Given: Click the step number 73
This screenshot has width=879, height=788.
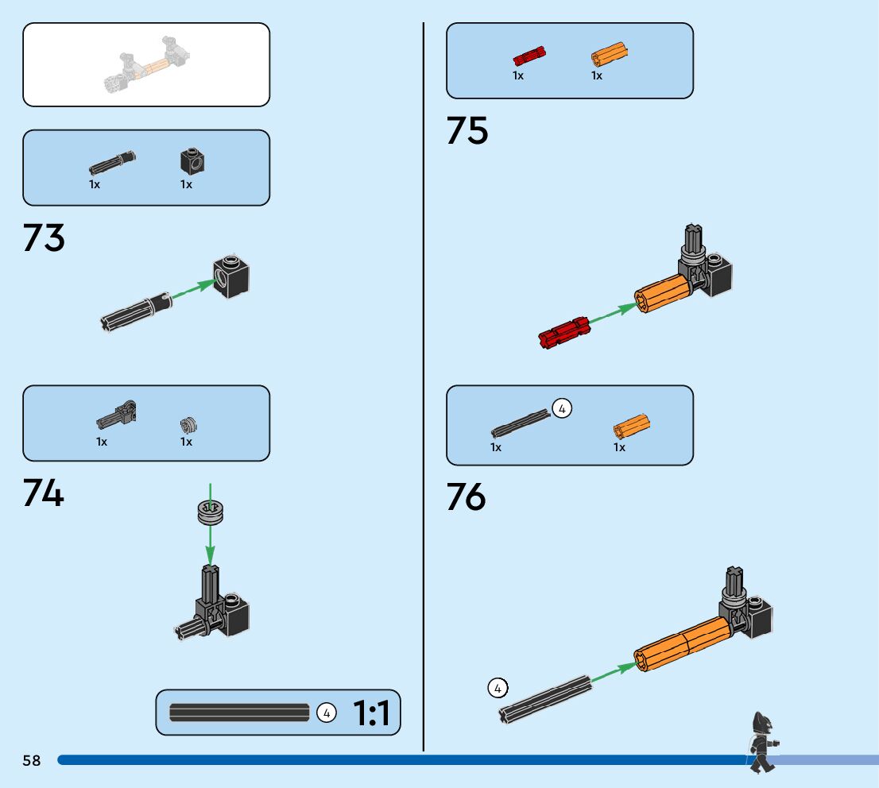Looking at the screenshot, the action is pos(45,238).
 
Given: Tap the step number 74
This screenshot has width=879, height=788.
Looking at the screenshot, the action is pos(44,494).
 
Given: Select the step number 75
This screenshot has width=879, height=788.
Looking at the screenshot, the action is pos(467,131).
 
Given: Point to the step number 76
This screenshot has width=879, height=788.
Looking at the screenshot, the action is pos(467,497).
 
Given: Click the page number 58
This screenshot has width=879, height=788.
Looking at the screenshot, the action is pos(32,761).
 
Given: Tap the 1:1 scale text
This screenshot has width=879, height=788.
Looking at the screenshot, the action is pos(371,713).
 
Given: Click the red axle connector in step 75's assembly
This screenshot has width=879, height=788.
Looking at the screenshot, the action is pos(563,333).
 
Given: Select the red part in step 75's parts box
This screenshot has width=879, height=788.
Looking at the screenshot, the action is pos(528,56).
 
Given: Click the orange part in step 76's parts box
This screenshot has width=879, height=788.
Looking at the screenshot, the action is pos(631,427).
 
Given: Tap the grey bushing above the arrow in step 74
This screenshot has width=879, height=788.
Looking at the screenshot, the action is pos(210,511).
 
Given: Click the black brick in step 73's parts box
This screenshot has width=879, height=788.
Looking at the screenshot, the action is pos(192,162).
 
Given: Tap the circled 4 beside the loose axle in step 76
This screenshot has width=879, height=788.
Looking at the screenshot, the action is pos(498,688).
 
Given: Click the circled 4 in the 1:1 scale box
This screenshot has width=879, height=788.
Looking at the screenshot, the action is pos(326,713).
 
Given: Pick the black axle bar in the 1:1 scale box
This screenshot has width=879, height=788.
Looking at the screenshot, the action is pos(239,713).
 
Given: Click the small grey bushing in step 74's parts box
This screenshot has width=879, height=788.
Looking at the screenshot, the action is pos(188,425).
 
